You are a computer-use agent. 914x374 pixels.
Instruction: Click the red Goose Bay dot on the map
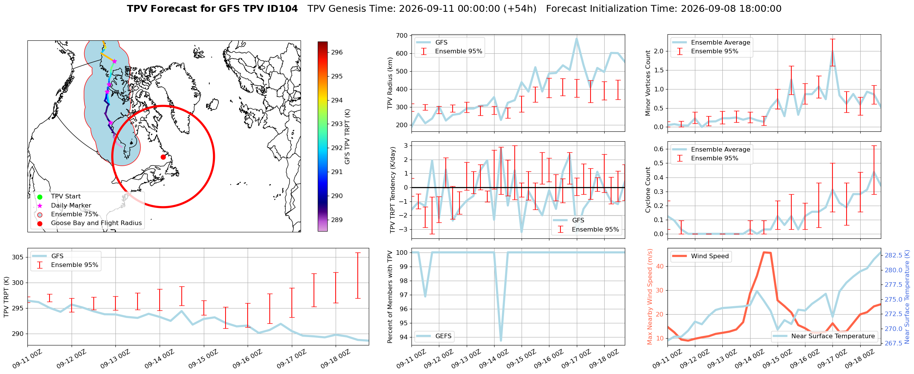[x=163, y=157]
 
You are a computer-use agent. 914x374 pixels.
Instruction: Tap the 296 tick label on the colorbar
[x=337, y=53]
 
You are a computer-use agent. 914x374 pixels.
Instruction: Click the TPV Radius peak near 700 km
[x=577, y=38]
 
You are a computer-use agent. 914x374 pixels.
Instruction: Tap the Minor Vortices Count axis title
[x=648, y=83]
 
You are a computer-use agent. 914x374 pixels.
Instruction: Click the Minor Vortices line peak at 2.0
[x=832, y=51]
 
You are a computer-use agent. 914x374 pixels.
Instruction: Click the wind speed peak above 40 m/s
[x=764, y=252]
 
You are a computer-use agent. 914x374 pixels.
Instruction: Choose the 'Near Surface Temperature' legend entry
[x=824, y=336]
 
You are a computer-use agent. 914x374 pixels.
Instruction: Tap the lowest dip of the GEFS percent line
[x=501, y=340]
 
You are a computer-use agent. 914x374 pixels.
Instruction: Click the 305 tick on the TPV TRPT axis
[x=18, y=257]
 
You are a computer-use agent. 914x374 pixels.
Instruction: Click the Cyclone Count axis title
[x=648, y=190]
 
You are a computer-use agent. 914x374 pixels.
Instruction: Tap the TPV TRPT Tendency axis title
[x=392, y=190]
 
